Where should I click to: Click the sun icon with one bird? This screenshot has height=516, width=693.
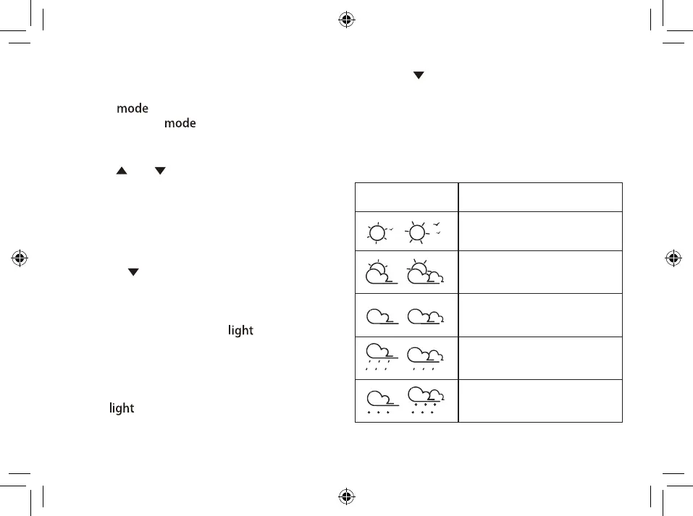click(379, 232)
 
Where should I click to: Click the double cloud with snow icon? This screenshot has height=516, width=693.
click(427, 400)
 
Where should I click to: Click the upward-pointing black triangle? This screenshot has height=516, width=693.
click(122, 170)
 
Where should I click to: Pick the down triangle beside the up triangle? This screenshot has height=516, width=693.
click(159, 170)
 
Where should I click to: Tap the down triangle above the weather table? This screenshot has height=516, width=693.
click(418, 75)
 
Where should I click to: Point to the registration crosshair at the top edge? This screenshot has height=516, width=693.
click(346, 20)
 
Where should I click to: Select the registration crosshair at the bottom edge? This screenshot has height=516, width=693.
click(346, 496)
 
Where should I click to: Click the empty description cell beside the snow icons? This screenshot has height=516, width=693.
click(540, 400)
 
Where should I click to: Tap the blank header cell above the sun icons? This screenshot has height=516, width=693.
click(406, 197)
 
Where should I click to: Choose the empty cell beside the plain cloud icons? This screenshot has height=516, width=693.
click(540, 315)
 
